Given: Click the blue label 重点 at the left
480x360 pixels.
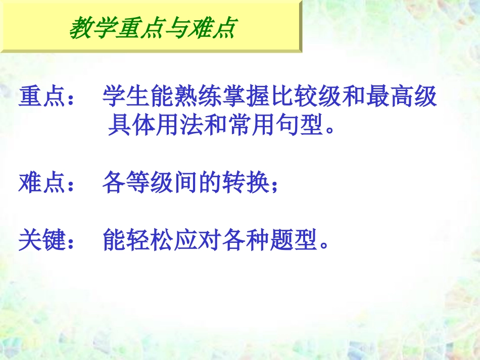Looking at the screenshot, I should point(43,97).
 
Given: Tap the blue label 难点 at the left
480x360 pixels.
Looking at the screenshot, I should point(43,183).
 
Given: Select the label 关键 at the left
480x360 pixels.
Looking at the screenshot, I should point(43,240).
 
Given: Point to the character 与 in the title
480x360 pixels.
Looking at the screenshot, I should point(175,27).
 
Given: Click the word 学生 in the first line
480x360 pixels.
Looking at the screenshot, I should point(126,97).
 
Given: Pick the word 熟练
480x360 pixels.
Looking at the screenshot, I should point(198,97).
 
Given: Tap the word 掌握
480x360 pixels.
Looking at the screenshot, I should point(246,97).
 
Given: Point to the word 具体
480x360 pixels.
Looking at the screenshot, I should point(132,126).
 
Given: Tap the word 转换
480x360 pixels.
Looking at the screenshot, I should point(246,183).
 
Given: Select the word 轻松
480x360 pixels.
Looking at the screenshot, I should point(150,240).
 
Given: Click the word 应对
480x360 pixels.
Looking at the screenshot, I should point(198,240).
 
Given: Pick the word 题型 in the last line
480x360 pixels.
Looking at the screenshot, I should point(294,240).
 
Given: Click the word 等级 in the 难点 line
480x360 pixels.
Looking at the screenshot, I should point(150,183).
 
